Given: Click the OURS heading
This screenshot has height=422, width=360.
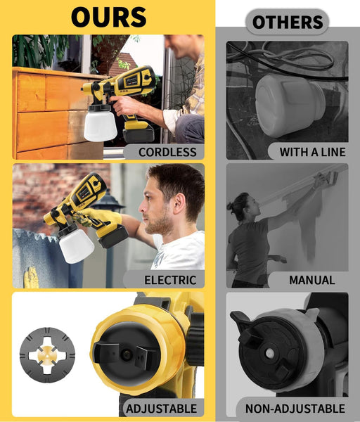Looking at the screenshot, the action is coord(109,17).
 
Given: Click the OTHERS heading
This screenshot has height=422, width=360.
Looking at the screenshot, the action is coord(288,22).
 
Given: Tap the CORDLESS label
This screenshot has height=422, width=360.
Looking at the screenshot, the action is coord(167,152).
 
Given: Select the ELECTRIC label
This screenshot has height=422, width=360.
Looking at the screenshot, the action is coord(170,280).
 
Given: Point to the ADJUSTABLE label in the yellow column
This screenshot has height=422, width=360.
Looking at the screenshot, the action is coord(162,409).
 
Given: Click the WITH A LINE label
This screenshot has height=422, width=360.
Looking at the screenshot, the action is coord(312,152).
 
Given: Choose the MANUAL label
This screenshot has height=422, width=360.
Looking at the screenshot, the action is coord(312,280).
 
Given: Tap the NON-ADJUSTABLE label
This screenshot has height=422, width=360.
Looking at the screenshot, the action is coord(295,409).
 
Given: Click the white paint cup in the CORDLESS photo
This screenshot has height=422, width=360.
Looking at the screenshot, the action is coord(100,125).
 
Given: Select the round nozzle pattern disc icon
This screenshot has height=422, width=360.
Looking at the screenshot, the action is coord(47,355).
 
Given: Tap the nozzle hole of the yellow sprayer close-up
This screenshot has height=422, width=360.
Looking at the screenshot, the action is coord(126,354).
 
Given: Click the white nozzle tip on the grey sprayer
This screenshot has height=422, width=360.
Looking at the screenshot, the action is coord(270,353).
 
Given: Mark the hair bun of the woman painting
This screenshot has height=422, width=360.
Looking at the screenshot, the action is coord(232,207).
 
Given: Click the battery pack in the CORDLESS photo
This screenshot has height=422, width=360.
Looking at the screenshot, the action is coord(138,132).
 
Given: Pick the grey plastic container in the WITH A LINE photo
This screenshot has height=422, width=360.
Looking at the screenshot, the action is coord(290,105).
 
